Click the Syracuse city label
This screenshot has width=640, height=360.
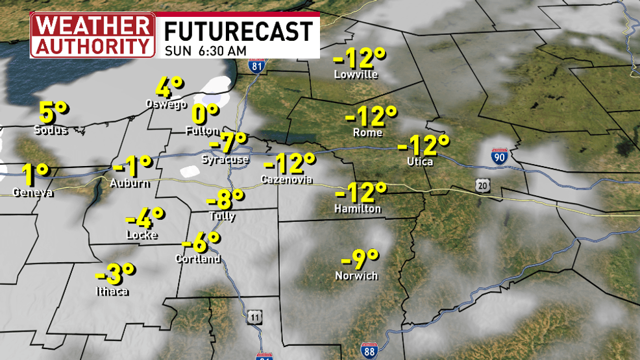225,160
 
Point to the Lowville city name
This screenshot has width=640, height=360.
355,75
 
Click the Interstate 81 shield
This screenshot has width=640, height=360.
258,66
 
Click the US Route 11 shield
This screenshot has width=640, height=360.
255,317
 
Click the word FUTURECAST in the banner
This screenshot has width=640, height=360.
238,31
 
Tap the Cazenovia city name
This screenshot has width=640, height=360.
286,179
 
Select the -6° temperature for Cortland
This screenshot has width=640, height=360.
201,243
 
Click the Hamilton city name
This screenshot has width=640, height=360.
358,209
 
